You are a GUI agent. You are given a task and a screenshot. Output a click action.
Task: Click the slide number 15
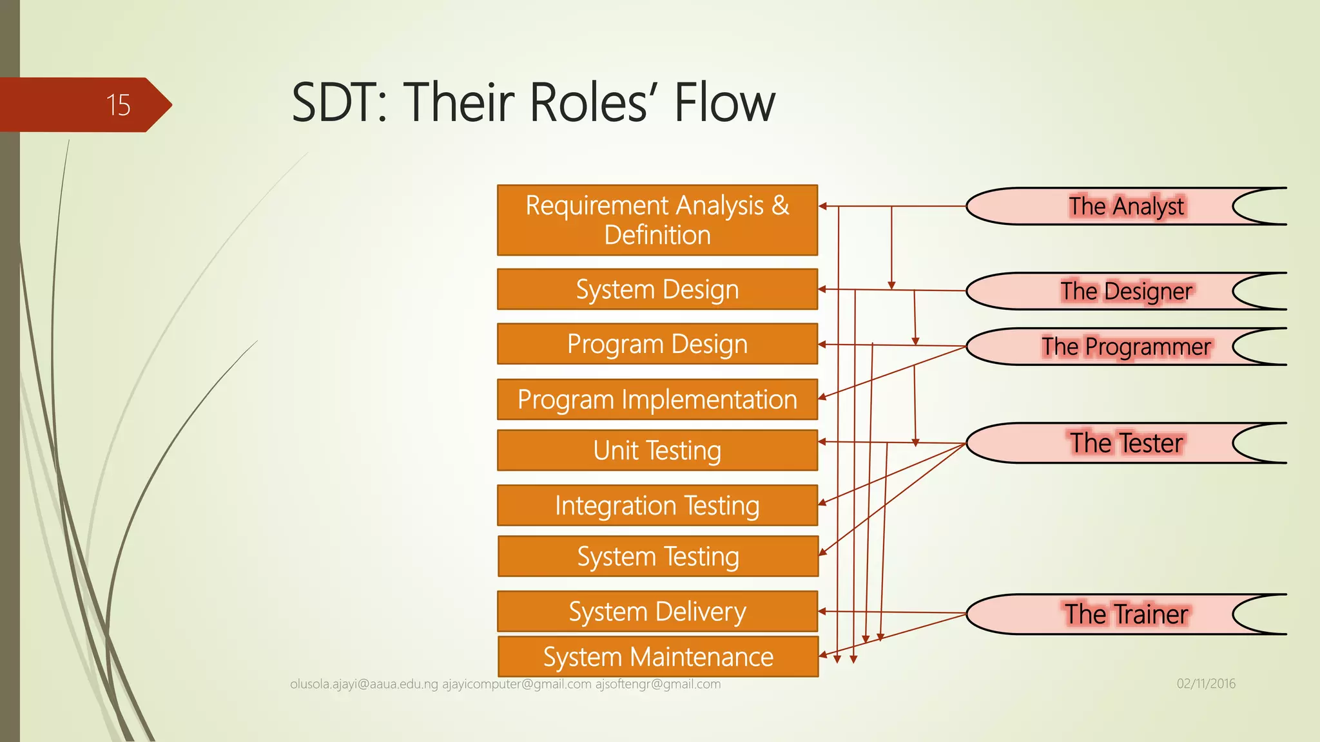pos(119,105)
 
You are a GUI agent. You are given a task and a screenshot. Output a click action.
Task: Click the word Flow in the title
pos(724,103)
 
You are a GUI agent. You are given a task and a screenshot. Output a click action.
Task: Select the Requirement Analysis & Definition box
pos(657,220)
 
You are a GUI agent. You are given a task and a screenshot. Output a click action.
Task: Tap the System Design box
pos(657,290)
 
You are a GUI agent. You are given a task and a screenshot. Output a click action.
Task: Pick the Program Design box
pos(657,344)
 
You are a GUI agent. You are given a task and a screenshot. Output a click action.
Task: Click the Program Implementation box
pos(657,399)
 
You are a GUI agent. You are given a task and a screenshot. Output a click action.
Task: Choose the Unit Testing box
pos(657,450)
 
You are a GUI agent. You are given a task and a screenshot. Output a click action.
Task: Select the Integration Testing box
pos(657,506)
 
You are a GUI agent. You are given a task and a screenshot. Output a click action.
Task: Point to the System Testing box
pos(657,556)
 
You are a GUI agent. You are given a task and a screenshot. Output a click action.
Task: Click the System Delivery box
pos(657,611)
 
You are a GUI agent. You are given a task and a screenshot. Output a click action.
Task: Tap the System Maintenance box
pos(657,657)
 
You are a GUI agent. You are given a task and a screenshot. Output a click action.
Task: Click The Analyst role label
pos(1126,207)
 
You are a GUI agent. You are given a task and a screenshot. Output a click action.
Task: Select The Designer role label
pos(1126,291)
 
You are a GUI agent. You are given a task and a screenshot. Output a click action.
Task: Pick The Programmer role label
pos(1126,347)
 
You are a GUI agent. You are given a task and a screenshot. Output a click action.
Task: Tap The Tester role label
pos(1126,443)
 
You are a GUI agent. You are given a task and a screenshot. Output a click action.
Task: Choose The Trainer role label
pos(1126,614)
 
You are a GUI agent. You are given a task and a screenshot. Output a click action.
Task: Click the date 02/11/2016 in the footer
pos(1206,683)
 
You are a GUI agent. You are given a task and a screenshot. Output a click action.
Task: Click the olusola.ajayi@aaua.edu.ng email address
pos(364,684)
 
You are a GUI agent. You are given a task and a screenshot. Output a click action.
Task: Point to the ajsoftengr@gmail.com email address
pos(657,684)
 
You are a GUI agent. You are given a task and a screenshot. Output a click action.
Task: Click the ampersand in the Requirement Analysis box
pos(780,205)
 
